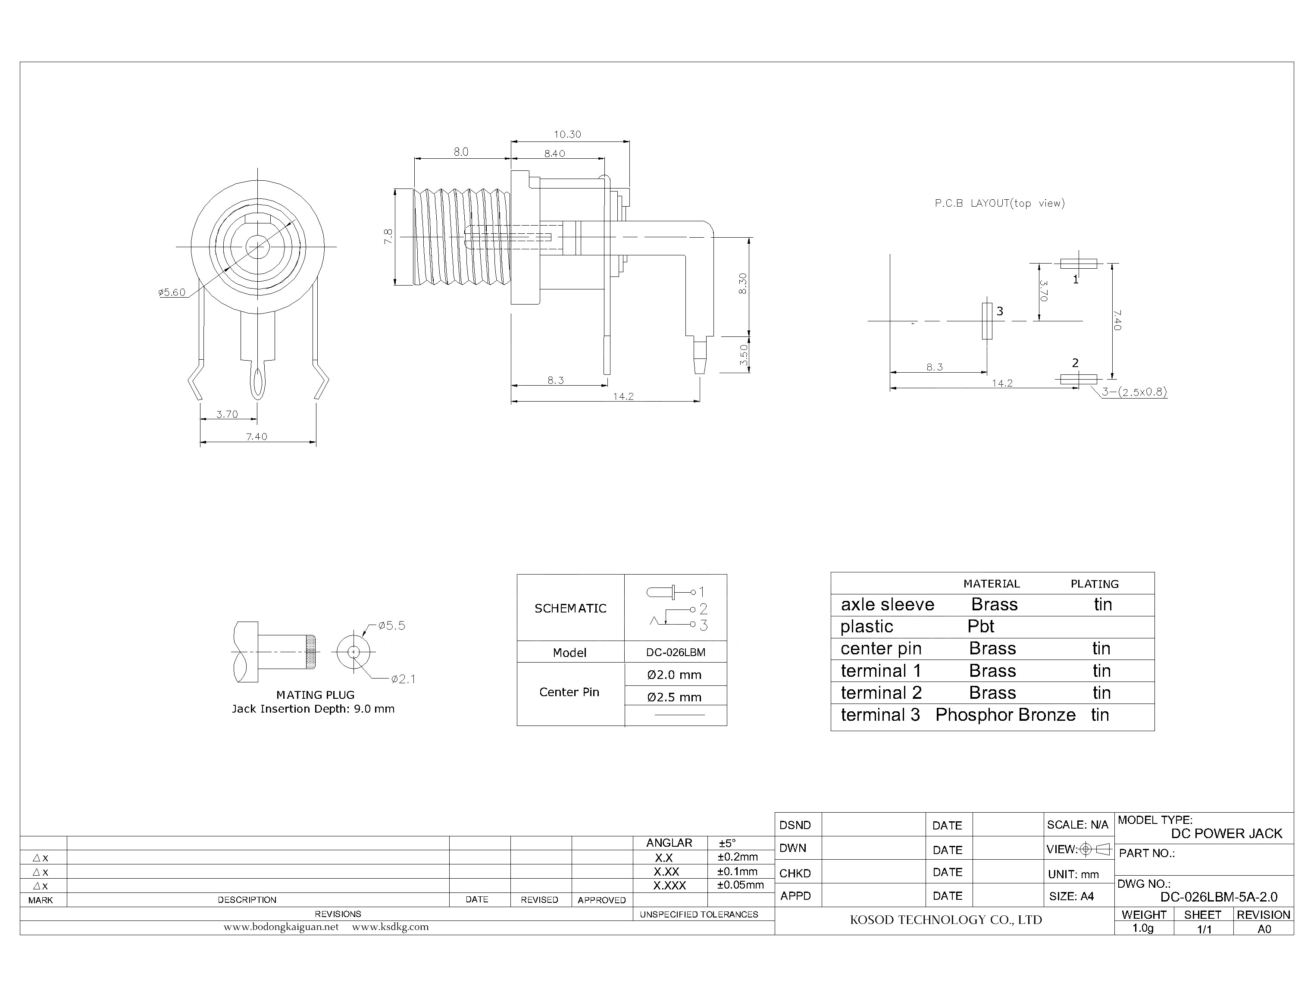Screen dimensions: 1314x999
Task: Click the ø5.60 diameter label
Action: pyautogui.click(x=172, y=292)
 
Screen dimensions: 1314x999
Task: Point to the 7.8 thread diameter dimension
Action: pyautogui.click(x=388, y=237)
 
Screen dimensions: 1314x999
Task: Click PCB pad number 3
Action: pyautogui.click(x=987, y=321)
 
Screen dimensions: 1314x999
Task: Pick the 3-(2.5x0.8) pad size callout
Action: pyautogui.click(x=1134, y=392)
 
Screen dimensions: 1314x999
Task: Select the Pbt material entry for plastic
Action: pyautogui.click(x=981, y=626)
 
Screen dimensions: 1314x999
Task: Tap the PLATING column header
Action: pyautogui.click(x=1094, y=584)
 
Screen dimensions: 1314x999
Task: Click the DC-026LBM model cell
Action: pyautogui.click(x=675, y=652)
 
